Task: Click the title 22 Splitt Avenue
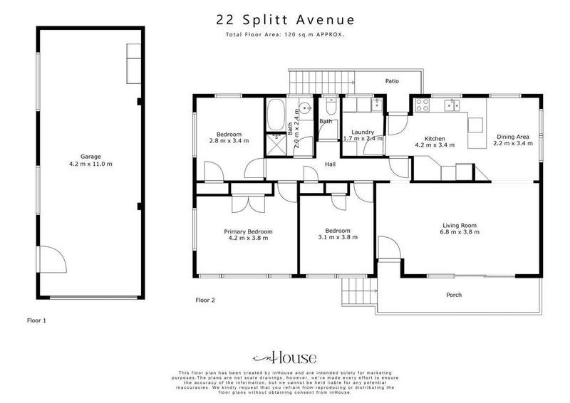285,20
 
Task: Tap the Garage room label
90,156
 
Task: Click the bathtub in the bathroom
276,114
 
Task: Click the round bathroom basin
304,109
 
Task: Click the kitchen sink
451,106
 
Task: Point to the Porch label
454,295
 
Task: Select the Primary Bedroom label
248,231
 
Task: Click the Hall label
330,164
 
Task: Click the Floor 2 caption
204,300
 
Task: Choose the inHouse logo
284,357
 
